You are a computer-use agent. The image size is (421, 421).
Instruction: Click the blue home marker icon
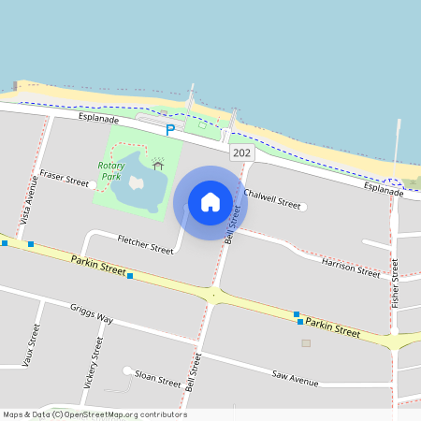tap(210, 201)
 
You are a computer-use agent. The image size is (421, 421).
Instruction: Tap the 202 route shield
tap(242, 152)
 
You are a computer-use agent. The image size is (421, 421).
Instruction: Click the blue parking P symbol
tap(170, 130)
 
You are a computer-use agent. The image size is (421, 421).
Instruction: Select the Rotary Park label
tap(111, 170)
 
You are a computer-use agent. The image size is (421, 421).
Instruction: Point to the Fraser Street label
tap(65, 177)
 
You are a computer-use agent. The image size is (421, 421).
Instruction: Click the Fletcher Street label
tap(145, 244)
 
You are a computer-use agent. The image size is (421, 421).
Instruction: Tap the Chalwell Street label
tap(271, 198)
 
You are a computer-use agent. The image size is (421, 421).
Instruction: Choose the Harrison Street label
tap(351, 269)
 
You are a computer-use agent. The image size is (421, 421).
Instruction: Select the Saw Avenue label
tap(296, 379)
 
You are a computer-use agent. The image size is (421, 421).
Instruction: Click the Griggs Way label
tap(92, 313)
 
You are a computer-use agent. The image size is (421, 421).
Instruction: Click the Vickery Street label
tap(93, 361)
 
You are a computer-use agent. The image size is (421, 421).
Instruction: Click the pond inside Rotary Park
tap(138, 186)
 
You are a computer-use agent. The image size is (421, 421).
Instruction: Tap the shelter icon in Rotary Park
tap(157, 165)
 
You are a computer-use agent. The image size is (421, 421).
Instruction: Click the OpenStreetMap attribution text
tap(95, 414)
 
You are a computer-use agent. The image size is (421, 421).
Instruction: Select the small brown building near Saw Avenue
tap(306, 343)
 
